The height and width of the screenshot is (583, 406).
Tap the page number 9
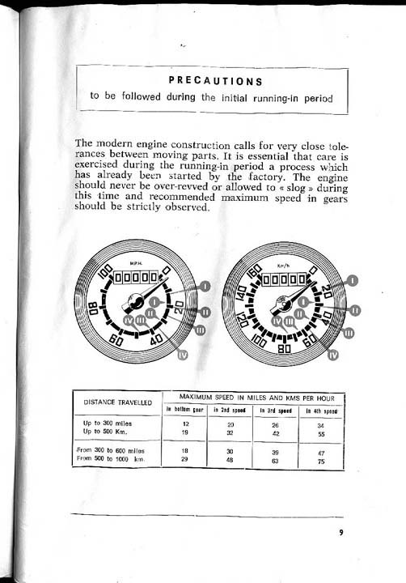341,533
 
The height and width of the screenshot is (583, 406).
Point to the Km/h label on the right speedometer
283,265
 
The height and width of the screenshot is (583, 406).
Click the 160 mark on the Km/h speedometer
254,274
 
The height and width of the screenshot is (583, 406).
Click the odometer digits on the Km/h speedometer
282,280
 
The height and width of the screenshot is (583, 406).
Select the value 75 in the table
321,458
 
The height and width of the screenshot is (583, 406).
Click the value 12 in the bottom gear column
185,423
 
